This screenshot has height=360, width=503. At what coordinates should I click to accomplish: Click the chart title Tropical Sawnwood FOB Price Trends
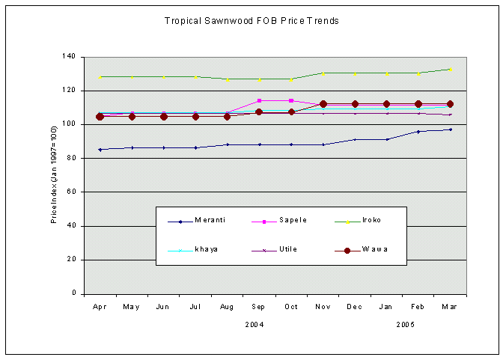tap(251, 21)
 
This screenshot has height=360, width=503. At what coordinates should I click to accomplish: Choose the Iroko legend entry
tap(372, 220)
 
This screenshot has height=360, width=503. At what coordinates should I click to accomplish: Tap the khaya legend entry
tap(206, 248)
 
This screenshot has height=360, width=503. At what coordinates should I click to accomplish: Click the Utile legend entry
tap(288, 248)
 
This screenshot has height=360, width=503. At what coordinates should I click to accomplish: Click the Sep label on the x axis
tap(259, 306)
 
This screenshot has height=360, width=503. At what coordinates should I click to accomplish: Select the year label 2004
tap(255, 325)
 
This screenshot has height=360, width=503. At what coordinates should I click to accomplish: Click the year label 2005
tap(405, 325)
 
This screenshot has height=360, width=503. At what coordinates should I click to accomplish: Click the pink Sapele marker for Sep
tap(259, 100)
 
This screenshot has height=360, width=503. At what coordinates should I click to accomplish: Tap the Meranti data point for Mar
tap(451, 129)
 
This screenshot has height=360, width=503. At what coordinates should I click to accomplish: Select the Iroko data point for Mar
tap(451, 70)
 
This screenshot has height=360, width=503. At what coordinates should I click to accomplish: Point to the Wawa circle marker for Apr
tap(100, 117)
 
